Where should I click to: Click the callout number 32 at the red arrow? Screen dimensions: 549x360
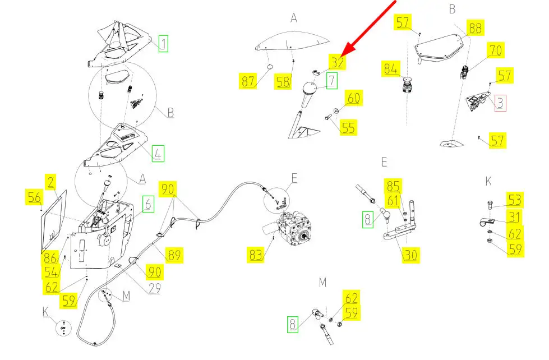pos(336,62)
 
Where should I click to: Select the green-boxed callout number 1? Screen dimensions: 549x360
pos(163,43)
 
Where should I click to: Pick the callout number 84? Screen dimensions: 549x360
pos(391,70)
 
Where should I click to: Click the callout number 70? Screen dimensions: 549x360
pos(495,50)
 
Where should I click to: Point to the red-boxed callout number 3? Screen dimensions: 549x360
pos(500,102)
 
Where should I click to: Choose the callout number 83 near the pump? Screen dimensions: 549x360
pos(256,255)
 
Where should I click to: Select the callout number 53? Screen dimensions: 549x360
pos(515,200)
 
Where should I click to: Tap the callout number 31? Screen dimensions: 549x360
pos(515,216)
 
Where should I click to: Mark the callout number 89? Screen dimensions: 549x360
pos(174,255)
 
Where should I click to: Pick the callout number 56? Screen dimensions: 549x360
pos(34,197)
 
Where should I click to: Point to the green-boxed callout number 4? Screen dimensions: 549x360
pos(158,153)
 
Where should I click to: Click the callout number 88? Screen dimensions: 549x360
pos(475,28)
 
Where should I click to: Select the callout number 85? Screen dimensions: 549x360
pos(393,185)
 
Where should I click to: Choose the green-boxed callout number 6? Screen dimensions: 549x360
pos(148,204)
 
